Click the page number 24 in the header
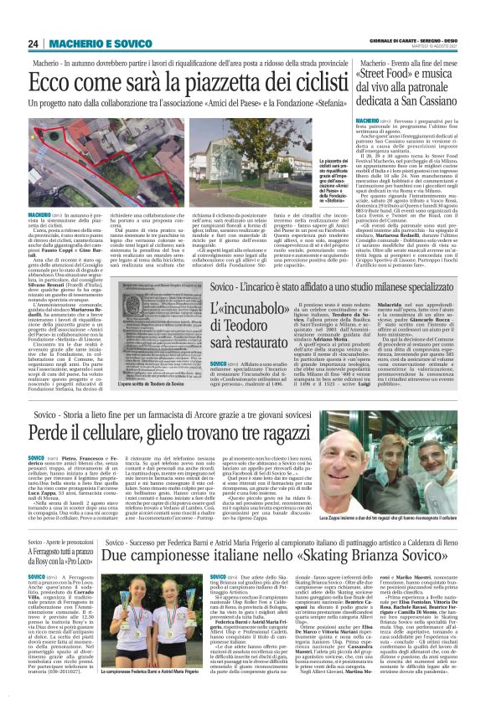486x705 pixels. click(x=34, y=44)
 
